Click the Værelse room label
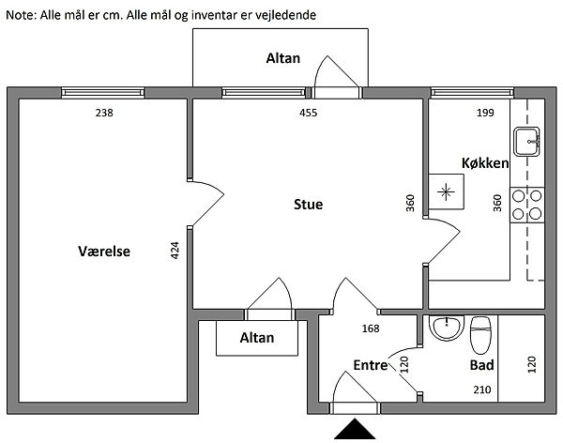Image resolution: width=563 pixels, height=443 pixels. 103,252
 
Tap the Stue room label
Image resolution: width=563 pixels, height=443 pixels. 308,204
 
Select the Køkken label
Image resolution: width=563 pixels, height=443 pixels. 485,162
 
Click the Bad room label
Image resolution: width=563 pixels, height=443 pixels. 482,365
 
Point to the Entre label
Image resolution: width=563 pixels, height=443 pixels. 371,365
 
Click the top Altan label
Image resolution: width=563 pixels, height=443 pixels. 282,58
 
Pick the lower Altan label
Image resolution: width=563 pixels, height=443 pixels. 256,338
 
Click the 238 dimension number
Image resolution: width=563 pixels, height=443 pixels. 105,114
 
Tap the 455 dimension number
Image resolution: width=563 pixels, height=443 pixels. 308,114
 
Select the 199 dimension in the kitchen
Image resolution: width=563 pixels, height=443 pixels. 484,114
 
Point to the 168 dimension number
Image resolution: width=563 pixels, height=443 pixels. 372,328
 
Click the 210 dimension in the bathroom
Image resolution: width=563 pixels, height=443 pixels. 480,388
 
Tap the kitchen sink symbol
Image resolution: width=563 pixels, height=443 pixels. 527,141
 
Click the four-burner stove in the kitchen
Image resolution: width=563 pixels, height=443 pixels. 526,204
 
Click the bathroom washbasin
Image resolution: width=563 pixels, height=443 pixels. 446,328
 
